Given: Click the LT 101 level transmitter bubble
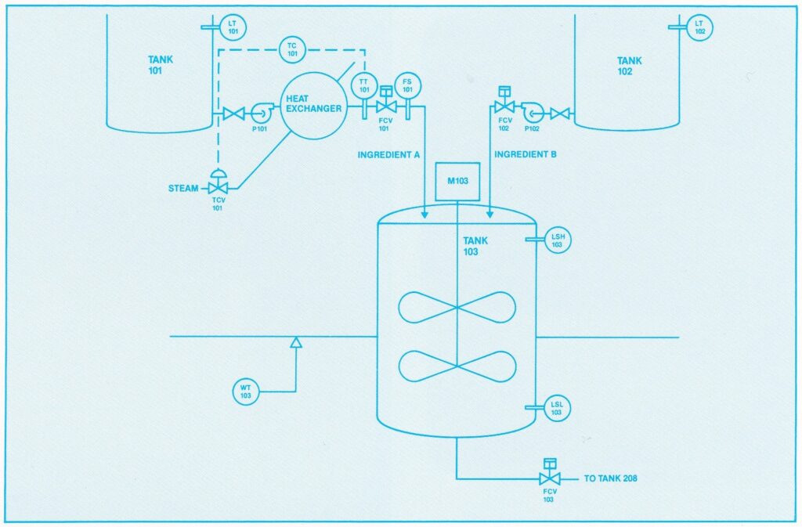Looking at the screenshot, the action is pos(233,27).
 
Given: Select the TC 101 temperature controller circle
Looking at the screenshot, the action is pos(292,49).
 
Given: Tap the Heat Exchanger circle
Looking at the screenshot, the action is pos(313,106).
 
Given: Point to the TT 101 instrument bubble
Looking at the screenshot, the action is pos(364,86).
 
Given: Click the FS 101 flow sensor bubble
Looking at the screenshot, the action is pos(407,85).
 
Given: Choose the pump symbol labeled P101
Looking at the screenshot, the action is pos(260,113).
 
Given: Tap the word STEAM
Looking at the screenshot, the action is pos(183,189).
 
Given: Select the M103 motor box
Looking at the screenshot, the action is pos(457,182).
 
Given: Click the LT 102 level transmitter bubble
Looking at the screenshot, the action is pos(699,27).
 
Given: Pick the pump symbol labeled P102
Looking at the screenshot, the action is pos(532,113).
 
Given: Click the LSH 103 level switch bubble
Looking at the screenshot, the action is pos(558,240).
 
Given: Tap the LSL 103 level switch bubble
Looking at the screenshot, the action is pos(557,408).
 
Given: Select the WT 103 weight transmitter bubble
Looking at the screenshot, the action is pos(245,392).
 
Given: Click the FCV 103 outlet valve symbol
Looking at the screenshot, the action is pos(550,472).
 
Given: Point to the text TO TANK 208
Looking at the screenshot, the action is pos(611,479).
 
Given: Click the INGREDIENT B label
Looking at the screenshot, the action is pos(526,154).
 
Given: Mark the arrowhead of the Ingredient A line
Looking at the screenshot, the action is pos(424,215).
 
